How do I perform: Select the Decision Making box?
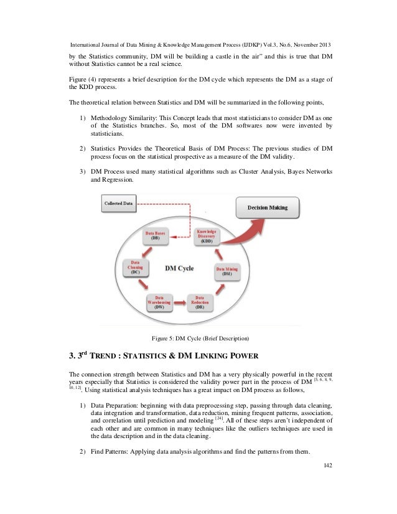click(x=268, y=207)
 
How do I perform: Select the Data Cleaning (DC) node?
click(x=135, y=268)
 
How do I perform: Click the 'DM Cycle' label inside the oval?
click(x=179, y=269)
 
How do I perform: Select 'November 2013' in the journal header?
click(x=309, y=45)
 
